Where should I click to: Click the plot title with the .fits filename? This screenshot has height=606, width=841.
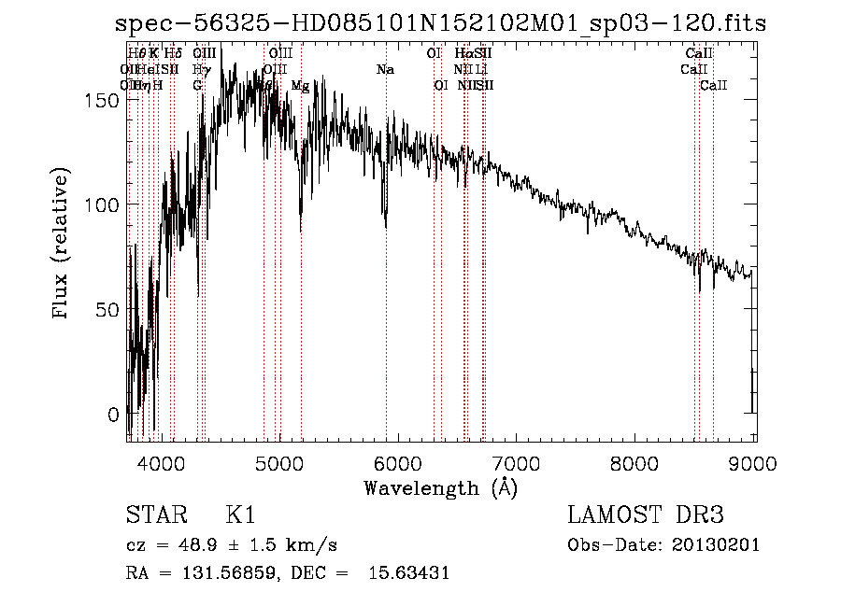pos(439,24)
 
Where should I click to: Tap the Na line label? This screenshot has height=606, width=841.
pos(385,70)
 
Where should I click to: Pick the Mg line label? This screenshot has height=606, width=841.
pos(300,86)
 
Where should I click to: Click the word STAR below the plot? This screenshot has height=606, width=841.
pos(154,515)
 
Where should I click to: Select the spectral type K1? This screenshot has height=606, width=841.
pos(240,515)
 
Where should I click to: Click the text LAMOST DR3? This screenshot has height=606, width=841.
pos(646,515)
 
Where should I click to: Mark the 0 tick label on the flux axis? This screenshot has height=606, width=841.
pos(113,415)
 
